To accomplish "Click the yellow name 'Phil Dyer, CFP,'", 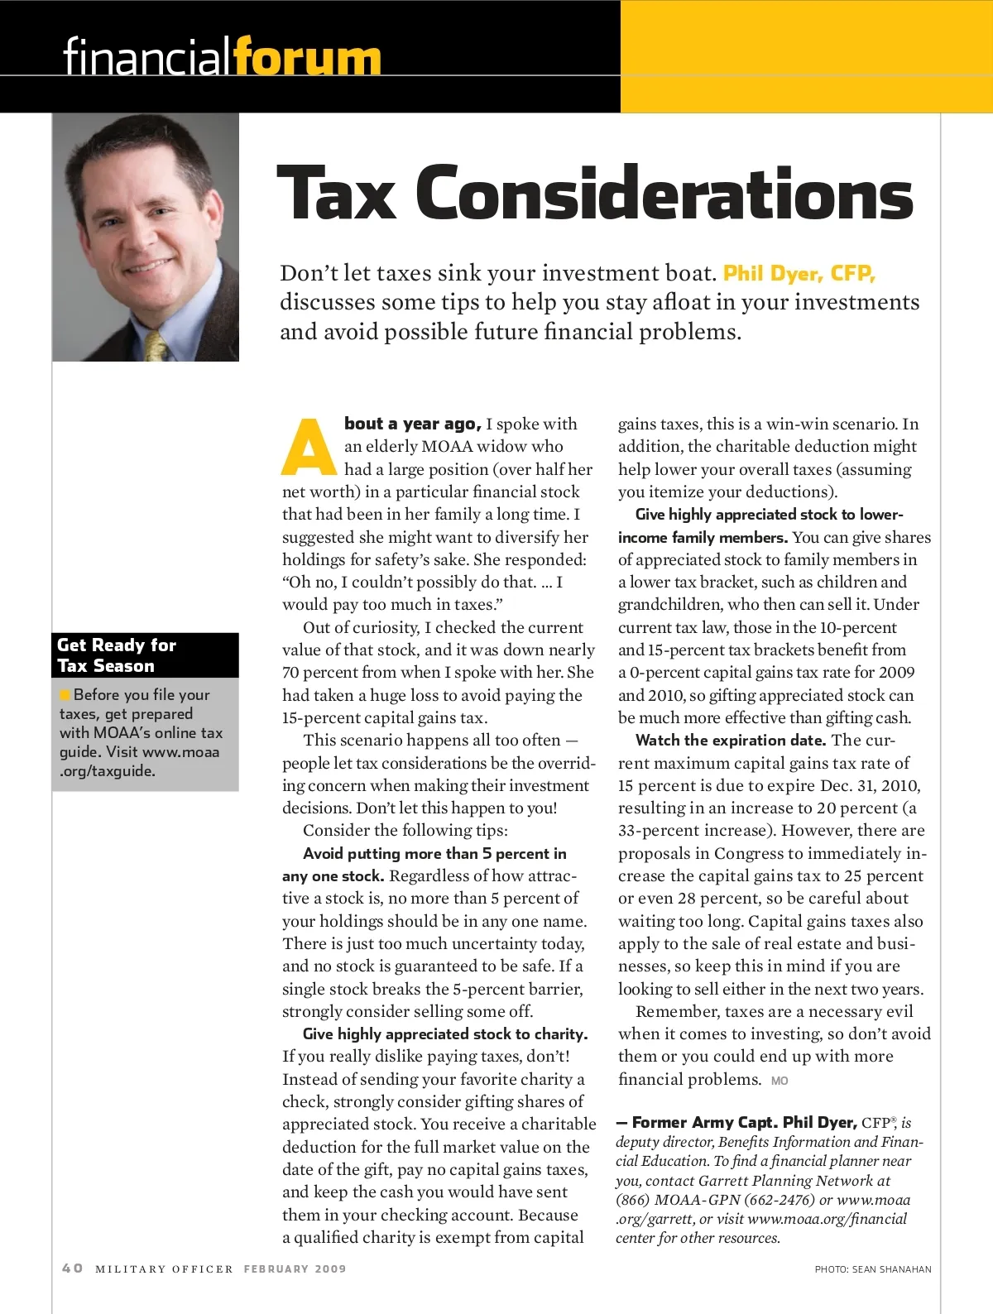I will tap(799, 273).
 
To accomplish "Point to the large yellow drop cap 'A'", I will tap(309, 448).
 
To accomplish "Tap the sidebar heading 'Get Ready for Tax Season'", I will tap(117, 655).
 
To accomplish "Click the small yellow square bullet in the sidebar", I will tap(65, 694).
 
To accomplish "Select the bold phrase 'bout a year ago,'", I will tap(412, 424).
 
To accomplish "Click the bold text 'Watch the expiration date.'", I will tap(731, 741).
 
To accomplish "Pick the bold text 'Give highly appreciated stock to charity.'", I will tap(445, 1033).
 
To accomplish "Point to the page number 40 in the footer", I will tap(73, 1268).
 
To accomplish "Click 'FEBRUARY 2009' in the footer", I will tap(295, 1268).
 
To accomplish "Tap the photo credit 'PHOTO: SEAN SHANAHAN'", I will tap(873, 1269).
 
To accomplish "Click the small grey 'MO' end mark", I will tap(780, 1081).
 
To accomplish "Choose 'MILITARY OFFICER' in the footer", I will tap(165, 1268).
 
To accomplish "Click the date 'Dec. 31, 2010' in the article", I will tap(870, 785).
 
